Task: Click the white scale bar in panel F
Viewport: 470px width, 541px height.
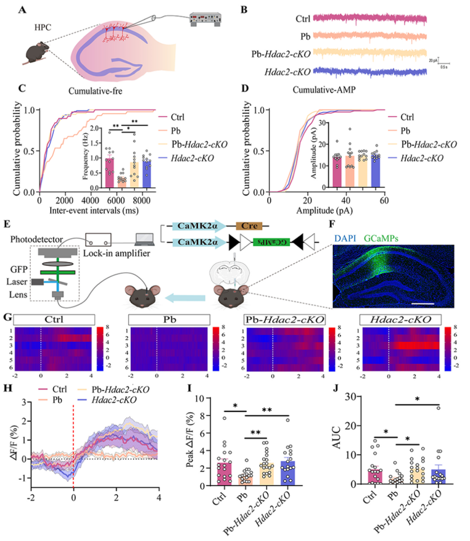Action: (421, 303)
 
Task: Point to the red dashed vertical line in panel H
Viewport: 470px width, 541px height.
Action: (73, 444)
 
